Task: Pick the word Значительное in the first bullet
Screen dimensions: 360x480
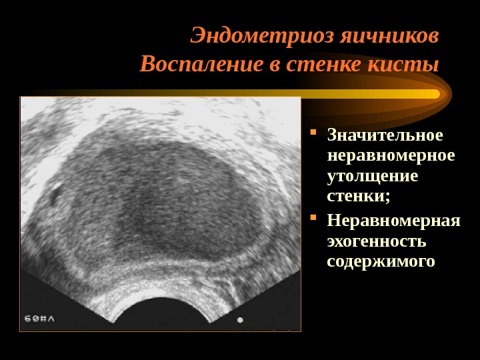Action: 385,135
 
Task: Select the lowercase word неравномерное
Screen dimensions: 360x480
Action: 391,155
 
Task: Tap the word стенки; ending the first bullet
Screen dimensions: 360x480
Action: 358,196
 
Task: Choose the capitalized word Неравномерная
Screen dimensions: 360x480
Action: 393,220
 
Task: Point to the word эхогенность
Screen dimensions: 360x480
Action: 376,240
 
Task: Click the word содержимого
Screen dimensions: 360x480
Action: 381,261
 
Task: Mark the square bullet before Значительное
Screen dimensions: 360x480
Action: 314,131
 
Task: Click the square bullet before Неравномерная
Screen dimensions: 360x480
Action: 314,217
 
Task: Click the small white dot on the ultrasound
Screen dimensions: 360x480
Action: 240,320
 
